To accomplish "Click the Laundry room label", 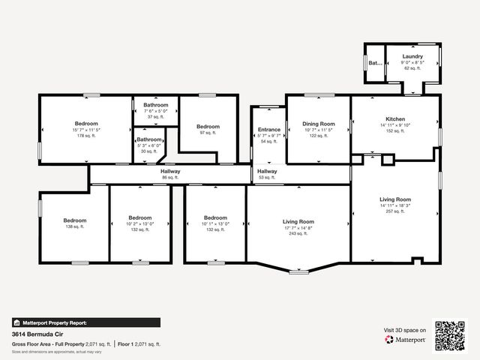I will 412,56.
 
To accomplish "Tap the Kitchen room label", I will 395,119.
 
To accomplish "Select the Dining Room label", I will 319,124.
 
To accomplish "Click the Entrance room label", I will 268,130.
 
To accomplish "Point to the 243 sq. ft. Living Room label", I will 298,222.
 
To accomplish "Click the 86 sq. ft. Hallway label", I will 170,172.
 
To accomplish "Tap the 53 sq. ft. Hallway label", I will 267,172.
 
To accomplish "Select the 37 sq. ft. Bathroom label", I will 156,105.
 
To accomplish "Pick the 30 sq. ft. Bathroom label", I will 148,139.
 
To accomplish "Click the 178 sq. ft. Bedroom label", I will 86,124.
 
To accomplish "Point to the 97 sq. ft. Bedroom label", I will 208,127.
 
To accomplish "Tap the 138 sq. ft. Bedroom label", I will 75,220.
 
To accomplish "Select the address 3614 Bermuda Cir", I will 38,334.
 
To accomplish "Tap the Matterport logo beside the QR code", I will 406,339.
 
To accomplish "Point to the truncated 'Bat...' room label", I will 375,63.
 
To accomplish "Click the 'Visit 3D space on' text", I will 405,329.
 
